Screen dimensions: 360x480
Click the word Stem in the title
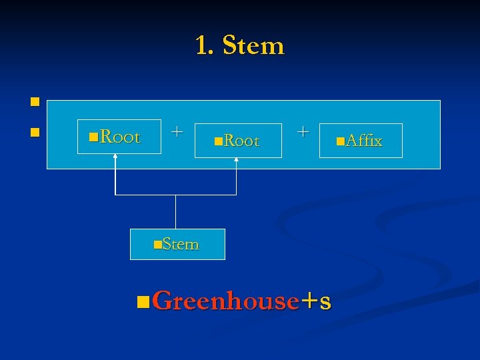tap(253, 46)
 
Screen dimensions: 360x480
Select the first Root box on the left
tap(119, 137)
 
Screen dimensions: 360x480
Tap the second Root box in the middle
tap(238, 141)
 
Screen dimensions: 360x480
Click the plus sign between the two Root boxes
tap(176, 131)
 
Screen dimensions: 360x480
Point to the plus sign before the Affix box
tap(303, 131)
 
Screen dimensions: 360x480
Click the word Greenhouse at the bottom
tap(225, 301)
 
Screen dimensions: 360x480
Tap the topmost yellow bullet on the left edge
tap(33, 103)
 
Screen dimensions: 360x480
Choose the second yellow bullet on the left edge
tap(33, 133)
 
